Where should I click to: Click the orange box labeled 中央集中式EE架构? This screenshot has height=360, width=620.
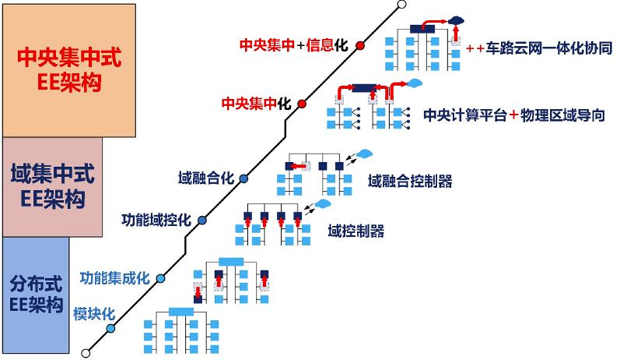click(70, 71)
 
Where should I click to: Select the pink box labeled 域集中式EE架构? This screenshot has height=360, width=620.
click(52, 187)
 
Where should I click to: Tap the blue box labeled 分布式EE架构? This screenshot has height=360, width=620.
click(36, 295)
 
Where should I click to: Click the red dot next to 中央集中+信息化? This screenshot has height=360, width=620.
click(360, 45)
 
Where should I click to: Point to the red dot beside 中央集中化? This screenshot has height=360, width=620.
click(302, 104)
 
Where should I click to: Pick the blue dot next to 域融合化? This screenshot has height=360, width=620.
click(244, 179)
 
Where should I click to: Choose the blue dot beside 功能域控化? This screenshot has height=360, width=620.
click(202, 220)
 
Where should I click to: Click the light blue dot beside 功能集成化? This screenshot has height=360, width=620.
click(160, 278)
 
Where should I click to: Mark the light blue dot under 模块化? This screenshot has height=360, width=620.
click(110, 328)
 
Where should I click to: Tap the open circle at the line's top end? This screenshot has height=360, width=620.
click(401, 5)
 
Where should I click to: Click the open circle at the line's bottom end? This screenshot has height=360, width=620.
click(85, 353)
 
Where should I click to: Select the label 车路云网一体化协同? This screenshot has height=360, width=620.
click(549, 48)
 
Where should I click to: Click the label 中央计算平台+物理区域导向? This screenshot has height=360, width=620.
click(514, 115)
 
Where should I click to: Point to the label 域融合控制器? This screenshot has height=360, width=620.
click(410, 181)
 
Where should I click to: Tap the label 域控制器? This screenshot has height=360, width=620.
click(356, 231)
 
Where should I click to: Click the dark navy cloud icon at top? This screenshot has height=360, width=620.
click(456, 20)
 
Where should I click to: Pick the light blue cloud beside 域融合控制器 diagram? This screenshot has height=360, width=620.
click(365, 153)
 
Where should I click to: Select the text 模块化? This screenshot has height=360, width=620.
click(94, 314)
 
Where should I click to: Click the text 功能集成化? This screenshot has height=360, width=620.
click(115, 278)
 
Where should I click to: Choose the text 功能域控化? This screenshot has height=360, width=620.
click(156, 220)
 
